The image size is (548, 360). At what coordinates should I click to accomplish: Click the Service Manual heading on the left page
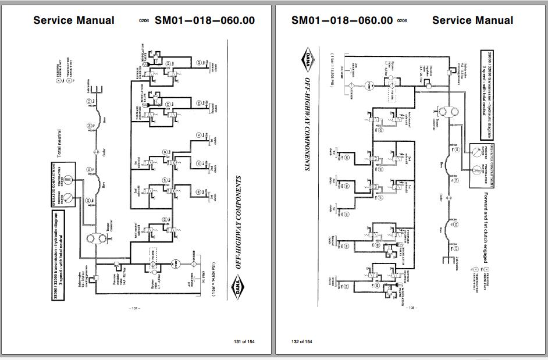(x=74, y=20)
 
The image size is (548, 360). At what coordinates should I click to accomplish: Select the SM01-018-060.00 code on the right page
(x=341, y=20)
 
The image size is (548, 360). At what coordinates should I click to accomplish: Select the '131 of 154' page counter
(x=244, y=341)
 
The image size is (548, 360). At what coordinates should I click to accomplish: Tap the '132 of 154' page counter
(x=302, y=341)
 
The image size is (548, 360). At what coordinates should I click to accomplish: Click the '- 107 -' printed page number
(x=134, y=308)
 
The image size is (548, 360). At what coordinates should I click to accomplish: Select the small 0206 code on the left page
(x=144, y=21)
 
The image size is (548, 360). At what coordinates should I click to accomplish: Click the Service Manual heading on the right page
(x=472, y=20)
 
